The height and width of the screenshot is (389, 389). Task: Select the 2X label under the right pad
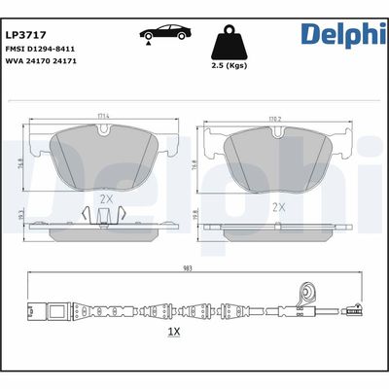click(278, 206)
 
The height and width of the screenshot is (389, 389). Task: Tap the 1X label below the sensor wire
click(175, 332)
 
